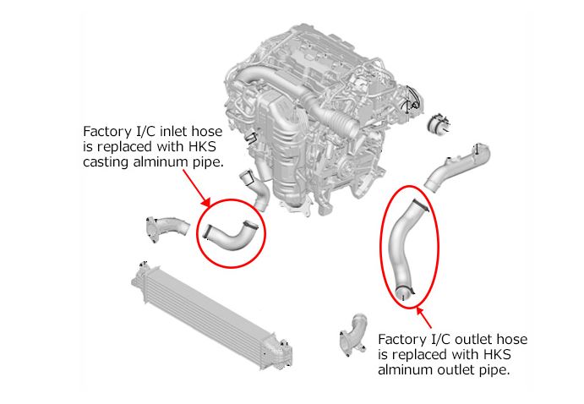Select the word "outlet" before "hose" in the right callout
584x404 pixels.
[472, 339]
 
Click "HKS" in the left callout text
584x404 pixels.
[202, 147]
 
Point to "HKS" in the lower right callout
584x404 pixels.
[497, 354]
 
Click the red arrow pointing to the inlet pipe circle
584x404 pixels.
[197, 188]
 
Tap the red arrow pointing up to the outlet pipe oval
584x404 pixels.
[424, 317]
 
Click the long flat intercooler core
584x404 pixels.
[210, 316]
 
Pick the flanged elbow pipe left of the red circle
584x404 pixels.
[166, 228]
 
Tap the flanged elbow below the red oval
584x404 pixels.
[354, 335]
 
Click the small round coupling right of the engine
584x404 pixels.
[439, 124]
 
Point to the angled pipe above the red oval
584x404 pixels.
[456, 167]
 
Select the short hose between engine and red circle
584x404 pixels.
[257, 190]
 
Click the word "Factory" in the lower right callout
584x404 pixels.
[401, 340]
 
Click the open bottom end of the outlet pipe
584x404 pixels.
[403, 292]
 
